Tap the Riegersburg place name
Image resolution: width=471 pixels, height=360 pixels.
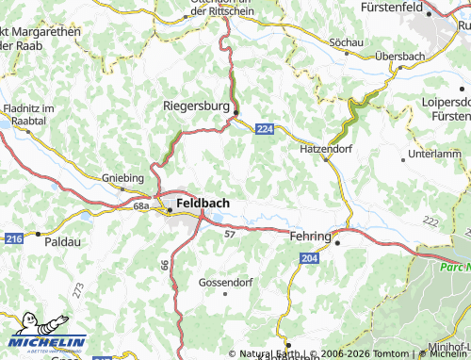(x=196, y=107)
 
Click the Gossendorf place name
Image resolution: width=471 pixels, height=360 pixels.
(x=225, y=282)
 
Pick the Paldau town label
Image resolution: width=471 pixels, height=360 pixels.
(x=63, y=241)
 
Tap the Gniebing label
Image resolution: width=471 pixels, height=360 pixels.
(x=122, y=177)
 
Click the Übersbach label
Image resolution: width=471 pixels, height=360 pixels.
(x=399, y=57)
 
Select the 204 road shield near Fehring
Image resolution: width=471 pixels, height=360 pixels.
(x=310, y=256)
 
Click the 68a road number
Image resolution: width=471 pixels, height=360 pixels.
(x=142, y=205)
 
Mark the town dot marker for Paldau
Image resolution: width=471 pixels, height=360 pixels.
(x=37, y=232)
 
